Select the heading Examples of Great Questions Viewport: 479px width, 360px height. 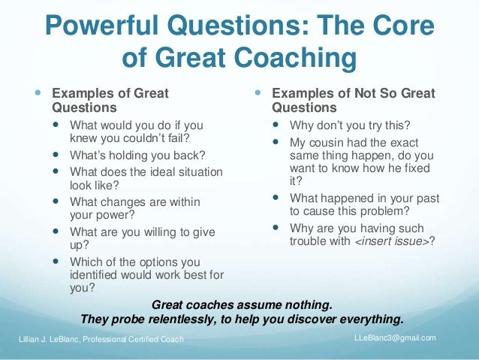(110, 101)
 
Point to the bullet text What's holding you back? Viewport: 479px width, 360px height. (137, 156)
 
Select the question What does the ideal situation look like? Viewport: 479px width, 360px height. (146, 178)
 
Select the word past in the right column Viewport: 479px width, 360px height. (426, 198)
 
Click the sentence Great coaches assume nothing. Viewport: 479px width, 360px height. (241, 305)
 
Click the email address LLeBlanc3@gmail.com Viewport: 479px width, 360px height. (394, 337)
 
